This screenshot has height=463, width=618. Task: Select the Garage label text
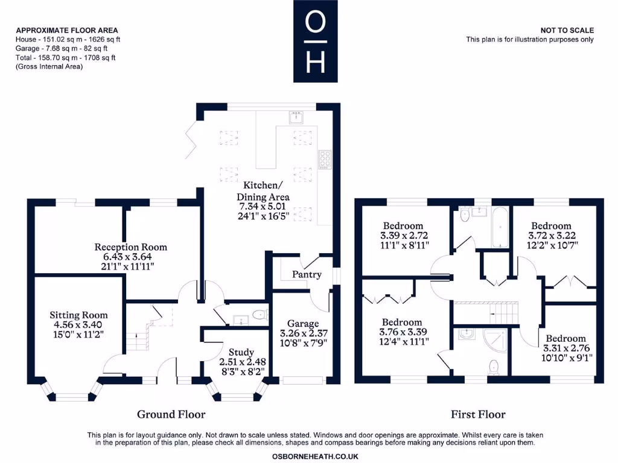coord(302,324)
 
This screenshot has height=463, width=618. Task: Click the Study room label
coord(241,352)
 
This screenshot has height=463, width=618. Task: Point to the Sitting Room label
coord(78,315)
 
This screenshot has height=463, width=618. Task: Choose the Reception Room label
coord(130,247)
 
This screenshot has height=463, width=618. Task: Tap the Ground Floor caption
coord(171,414)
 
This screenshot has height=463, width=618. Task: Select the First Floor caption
coord(478,414)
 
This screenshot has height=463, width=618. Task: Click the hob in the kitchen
coord(325,159)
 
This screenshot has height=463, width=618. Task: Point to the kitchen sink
coord(296,118)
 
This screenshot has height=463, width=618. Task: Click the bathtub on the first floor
coord(501,228)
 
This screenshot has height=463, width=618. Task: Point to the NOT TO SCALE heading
coord(567,30)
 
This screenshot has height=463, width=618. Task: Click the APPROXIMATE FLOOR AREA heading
coord(66,30)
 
